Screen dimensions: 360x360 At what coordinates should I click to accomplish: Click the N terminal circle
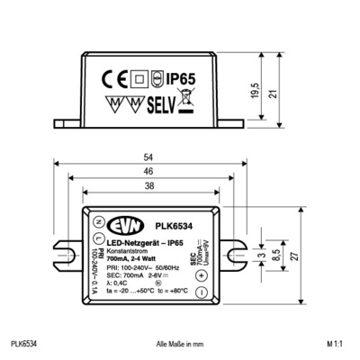point(97,221)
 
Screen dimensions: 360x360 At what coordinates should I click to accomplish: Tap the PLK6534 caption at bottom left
point(23,343)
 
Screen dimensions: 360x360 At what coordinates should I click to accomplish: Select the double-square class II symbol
point(138,77)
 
